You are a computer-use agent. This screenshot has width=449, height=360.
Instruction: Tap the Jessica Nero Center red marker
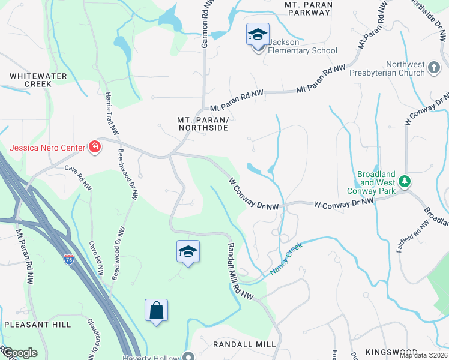tap(94, 147)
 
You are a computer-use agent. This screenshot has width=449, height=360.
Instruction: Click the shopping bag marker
tap(156, 310)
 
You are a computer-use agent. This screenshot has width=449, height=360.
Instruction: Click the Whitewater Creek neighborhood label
tap(30, 80)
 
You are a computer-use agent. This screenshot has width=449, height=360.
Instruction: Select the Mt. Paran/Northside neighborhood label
tap(202, 124)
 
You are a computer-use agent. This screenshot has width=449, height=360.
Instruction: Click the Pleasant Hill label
tap(37, 324)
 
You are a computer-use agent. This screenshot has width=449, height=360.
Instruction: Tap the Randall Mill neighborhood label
tap(244, 344)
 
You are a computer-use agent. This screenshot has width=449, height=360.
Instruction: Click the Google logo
tap(19, 353)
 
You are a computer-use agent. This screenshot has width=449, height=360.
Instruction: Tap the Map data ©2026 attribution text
tap(423, 355)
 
